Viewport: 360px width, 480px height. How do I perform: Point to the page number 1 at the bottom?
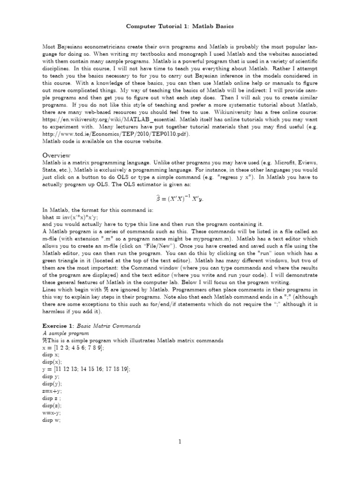coord(180,441)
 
